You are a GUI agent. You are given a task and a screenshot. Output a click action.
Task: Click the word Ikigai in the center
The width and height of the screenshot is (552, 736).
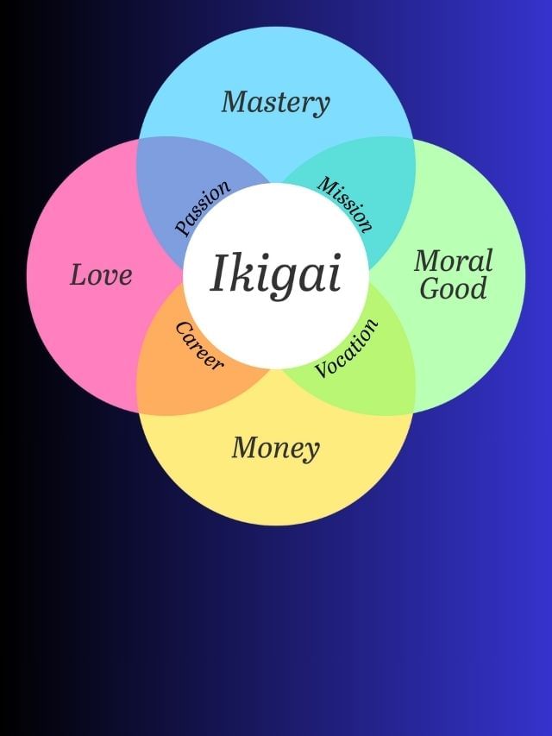click(x=276, y=274)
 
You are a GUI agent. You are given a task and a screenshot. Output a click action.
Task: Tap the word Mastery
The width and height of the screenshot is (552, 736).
click(x=275, y=103)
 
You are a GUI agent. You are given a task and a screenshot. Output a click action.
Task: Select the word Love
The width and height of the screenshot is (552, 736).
click(x=101, y=275)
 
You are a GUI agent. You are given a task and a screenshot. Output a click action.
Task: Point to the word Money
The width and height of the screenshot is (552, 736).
click(x=275, y=448)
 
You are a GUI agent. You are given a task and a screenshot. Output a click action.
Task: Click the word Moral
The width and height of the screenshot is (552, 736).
click(x=453, y=261)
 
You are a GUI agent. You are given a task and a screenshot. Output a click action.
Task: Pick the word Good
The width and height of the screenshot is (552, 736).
click(x=453, y=289)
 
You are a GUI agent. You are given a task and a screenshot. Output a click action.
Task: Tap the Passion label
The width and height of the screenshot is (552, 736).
click(x=203, y=207)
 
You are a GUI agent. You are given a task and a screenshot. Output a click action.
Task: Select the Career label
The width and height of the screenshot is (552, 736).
click(x=199, y=345)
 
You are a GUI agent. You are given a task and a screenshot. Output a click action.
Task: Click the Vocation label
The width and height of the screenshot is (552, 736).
click(x=347, y=349)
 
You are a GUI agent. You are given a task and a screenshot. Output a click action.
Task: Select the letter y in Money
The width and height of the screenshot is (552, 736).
click(x=311, y=451)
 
